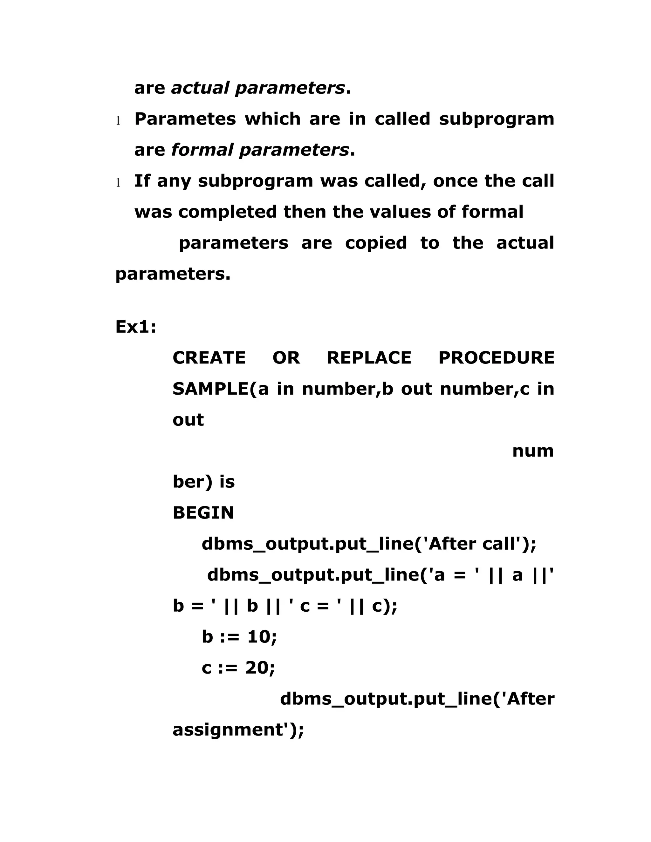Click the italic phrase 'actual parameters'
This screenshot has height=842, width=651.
tap(257, 88)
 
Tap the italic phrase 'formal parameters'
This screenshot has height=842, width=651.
tap(260, 150)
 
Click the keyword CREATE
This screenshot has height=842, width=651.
tap(209, 358)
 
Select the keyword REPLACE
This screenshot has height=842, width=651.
tap(369, 358)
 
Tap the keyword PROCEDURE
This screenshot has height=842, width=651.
tap(496, 358)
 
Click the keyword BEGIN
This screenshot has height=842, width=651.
tap(203, 513)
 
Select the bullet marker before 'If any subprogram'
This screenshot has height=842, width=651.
tap(118, 183)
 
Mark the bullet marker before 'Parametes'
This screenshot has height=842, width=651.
tap(118, 121)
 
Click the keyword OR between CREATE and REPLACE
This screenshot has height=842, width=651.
tap(286, 358)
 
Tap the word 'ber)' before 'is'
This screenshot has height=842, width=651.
tap(192, 482)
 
